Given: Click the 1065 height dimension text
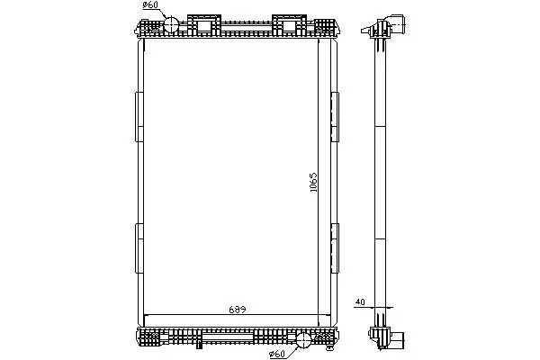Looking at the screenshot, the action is pyautogui.click(x=313, y=182).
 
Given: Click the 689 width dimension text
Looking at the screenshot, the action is pyautogui.click(x=238, y=310).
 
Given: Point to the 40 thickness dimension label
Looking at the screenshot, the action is pyautogui.click(x=360, y=302).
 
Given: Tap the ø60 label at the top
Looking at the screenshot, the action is pyautogui.click(x=150, y=5).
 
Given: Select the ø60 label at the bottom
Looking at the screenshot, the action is pyautogui.click(x=277, y=354).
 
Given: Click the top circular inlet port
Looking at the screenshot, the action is pyautogui.click(x=171, y=24).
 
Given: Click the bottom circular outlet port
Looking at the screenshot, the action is pyautogui.click(x=303, y=340).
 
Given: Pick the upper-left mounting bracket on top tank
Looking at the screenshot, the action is pyautogui.click(x=204, y=25).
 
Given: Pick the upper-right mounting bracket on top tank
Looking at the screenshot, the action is pyautogui.click(x=289, y=25).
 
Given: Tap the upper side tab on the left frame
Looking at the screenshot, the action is pyautogui.click(x=139, y=117).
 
